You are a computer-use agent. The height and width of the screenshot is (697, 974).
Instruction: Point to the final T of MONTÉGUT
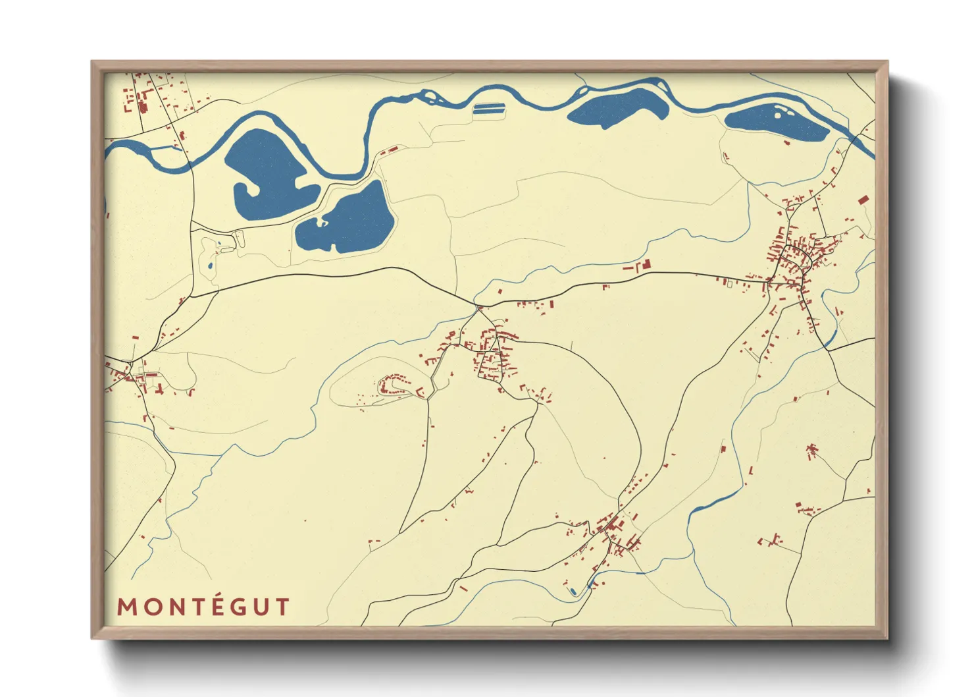(x=282, y=607)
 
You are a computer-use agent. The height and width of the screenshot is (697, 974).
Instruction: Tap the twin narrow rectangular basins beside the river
(x=488, y=108)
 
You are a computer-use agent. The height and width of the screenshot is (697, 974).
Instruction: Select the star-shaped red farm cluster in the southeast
(x=811, y=451)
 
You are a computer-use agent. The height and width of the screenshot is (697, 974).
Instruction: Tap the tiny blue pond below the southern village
(x=573, y=592)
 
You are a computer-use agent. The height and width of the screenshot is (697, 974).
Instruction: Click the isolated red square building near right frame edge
(x=862, y=199)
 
